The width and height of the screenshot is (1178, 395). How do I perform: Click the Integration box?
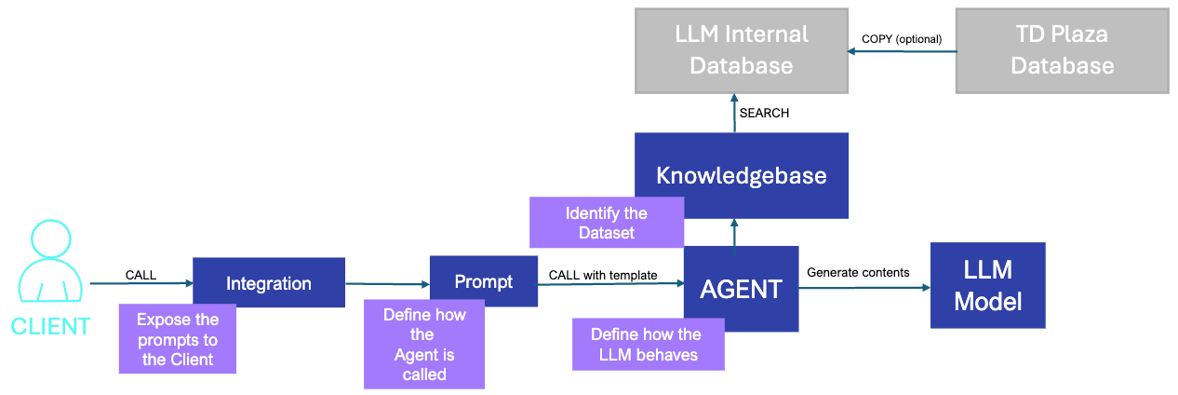click(268, 283)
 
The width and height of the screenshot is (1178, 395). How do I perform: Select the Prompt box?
click(483, 281)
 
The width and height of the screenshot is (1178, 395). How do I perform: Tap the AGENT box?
click(741, 289)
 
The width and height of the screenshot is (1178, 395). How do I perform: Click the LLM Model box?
click(987, 285)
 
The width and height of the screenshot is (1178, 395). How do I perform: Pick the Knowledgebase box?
click(741, 175)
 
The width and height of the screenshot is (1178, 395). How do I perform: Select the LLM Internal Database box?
click(741, 50)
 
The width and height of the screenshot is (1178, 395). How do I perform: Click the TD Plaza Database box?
click(1062, 50)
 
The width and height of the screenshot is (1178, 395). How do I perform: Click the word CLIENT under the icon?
click(50, 327)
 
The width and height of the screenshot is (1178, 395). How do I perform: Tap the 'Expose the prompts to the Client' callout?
click(177, 339)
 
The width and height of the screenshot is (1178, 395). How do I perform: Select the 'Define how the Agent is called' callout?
click(424, 344)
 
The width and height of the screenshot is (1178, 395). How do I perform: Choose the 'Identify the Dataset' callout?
click(606, 223)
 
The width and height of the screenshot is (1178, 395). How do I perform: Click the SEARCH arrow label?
click(764, 113)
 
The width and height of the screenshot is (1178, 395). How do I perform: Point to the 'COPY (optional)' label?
click(902, 39)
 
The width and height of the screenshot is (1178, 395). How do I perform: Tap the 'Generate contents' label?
click(857, 272)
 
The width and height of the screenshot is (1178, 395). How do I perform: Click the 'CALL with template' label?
click(603, 275)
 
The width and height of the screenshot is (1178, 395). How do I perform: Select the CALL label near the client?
click(141, 275)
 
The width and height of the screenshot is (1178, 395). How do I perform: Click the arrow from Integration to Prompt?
click(387, 284)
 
